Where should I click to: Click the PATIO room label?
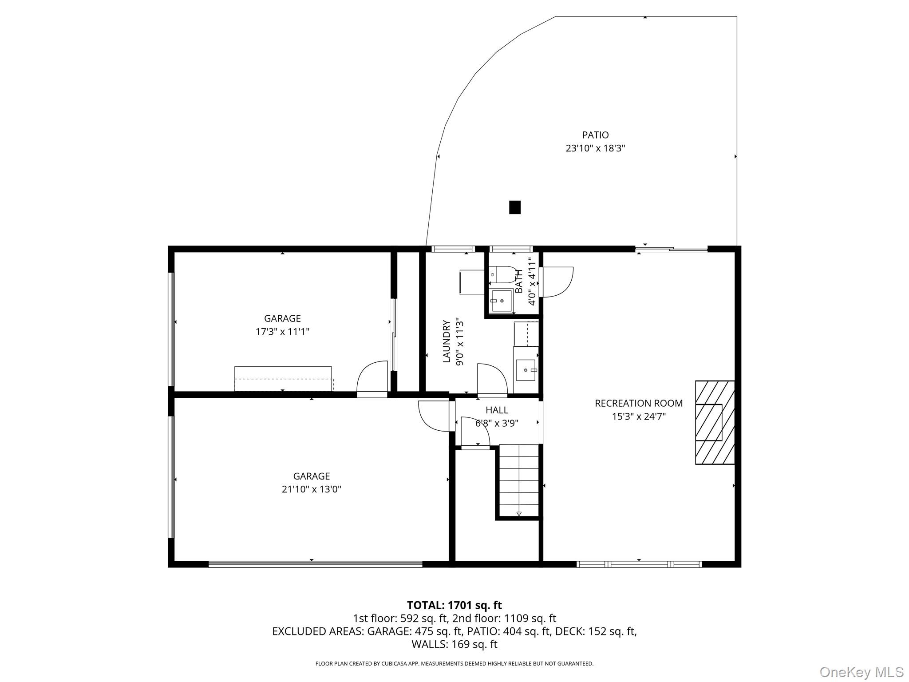[595, 135]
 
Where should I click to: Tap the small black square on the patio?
[515, 207]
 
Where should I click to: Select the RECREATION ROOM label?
[639, 403]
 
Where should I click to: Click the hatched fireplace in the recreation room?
[715, 422]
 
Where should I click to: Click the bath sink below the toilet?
[502, 301]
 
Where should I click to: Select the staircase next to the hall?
[519, 480]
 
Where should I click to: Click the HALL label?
[497, 410]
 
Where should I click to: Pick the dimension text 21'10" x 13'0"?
[311, 489]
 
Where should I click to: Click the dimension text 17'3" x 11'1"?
[282, 332]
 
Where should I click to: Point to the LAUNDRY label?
[447, 341]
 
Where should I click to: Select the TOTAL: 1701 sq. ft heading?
[454, 605]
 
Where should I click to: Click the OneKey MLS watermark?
[862, 672]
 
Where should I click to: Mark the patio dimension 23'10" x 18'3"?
[595, 148]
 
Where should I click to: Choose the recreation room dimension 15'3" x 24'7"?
[639, 416]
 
